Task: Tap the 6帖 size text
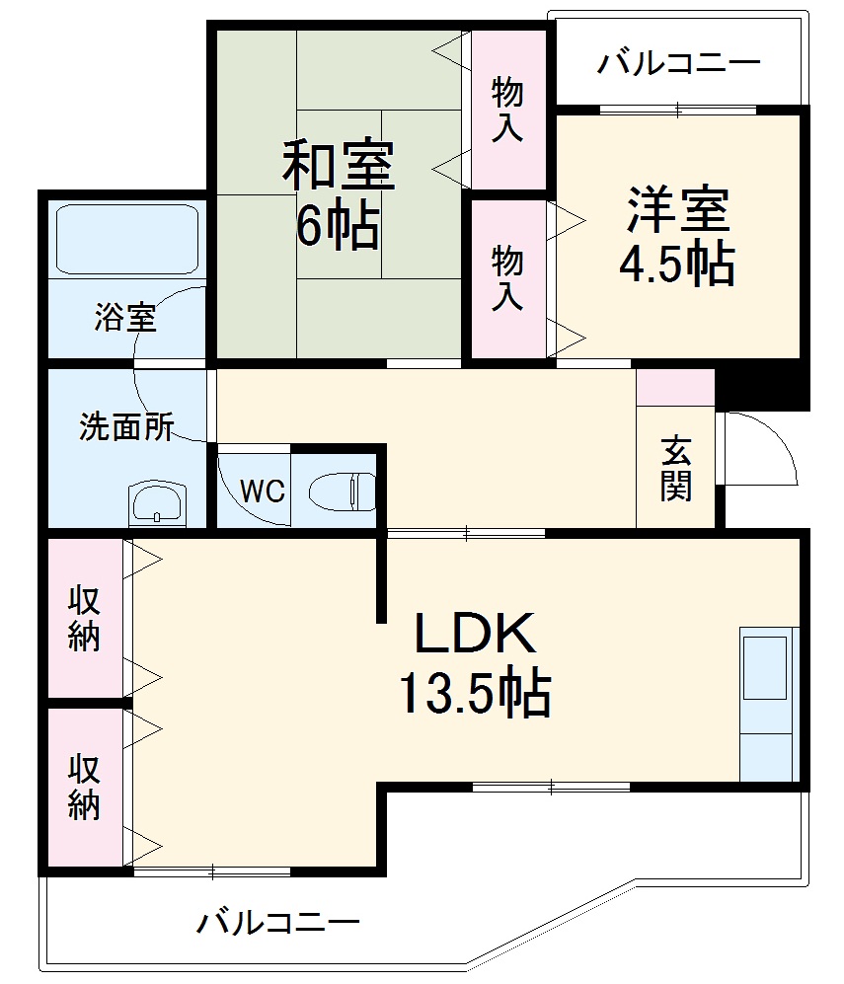click(339, 228)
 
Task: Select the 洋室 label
click(677, 207)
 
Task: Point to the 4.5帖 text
click(677, 264)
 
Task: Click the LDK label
click(475, 635)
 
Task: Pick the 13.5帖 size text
click(475, 693)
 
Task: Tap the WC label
click(263, 491)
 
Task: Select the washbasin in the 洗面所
click(157, 504)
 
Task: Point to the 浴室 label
click(124, 318)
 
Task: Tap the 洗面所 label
click(126, 428)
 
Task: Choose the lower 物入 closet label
click(507, 278)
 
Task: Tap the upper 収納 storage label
click(85, 619)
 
